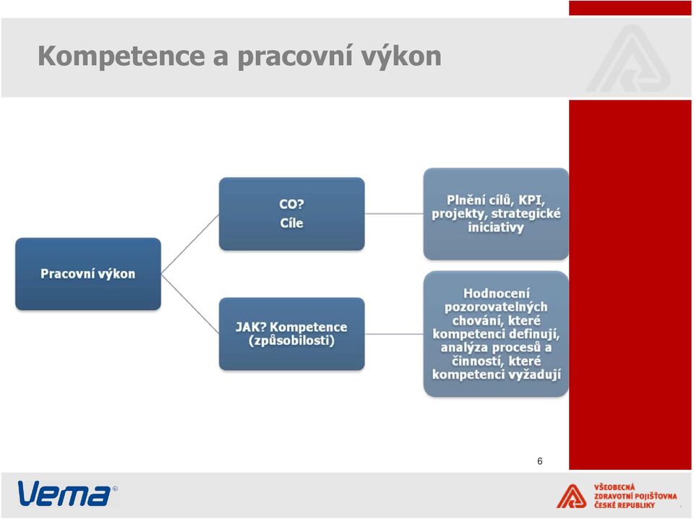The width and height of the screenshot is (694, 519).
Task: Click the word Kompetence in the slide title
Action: pyautogui.click(x=121, y=56)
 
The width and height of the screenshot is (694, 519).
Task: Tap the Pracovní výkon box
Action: pyautogui.click(x=88, y=274)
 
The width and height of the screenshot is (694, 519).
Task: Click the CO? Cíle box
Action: pyautogui.click(x=291, y=214)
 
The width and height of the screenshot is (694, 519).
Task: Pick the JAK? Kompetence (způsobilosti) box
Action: pyautogui.click(x=291, y=334)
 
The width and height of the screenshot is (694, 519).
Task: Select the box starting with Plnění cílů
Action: pyautogui.click(x=496, y=214)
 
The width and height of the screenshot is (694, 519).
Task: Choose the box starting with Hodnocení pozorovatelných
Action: pyautogui.click(x=496, y=334)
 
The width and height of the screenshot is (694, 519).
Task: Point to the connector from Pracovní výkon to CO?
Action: pyautogui.click(x=190, y=244)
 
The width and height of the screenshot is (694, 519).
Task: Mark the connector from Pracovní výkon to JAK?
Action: pyautogui.click(x=190, y=304)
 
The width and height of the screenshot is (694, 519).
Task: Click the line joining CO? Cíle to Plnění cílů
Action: pyautogui.click(x=394, y=214)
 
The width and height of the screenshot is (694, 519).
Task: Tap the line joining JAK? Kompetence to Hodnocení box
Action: pyautogui.click(x=394, y=334)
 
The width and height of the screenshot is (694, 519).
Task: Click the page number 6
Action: pyautogui.click(x=539, y=461)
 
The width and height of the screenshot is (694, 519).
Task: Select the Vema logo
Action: pyautogui.click(x=67, y=493)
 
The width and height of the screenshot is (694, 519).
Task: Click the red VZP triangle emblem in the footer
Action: pyautogui.click(x=571, y=496)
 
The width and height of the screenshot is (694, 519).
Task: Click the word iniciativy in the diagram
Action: pyautogui.click(x=496, y=228)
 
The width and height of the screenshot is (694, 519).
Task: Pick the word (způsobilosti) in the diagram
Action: pyautogui.click(x=291, y=340)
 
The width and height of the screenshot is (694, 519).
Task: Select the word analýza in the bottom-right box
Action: pyautogui.click(x=463, y=348)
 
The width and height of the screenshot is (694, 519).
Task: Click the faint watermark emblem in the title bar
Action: pyautogui.click(x=628, y=59)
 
